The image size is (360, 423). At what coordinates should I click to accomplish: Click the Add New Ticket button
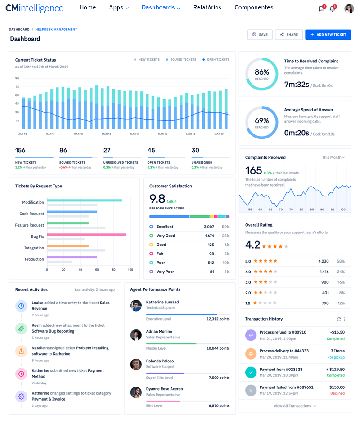(328, 35)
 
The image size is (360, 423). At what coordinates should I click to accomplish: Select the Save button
(260, 35)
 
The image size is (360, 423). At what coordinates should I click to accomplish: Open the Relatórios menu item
(207, 8)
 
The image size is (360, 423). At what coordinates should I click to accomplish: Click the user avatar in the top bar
(349, 9)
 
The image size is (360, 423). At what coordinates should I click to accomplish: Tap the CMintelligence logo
(35, 8)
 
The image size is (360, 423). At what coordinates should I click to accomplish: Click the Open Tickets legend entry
(216, 60)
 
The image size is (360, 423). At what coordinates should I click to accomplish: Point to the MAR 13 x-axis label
(106, 134)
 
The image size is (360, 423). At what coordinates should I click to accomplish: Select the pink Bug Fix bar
(86, 234)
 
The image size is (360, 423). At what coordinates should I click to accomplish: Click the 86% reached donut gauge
(261, 74)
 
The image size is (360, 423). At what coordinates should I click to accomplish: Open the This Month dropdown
(333, 158)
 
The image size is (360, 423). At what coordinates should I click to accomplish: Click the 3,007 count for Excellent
(209, 227)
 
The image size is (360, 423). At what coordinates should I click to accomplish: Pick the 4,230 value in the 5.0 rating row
(323, 261)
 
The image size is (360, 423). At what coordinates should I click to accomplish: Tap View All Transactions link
(295, 406)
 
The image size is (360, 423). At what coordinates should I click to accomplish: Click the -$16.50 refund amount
(337, 332)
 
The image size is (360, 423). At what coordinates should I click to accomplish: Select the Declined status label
(337, 393)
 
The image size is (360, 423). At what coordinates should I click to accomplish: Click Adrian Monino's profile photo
(136, 335)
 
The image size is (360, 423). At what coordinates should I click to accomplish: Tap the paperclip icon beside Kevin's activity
(21, 329)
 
